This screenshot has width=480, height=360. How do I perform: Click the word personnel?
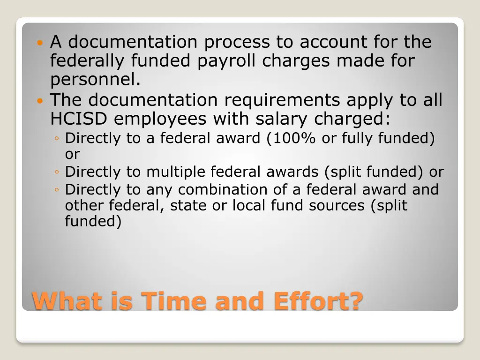click(x=96, y=80)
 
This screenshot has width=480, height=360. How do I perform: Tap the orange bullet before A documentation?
click(x=39, y=43)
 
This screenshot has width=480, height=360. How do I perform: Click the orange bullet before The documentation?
click(x=39, y=100)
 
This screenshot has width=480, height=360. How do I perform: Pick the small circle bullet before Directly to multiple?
click(x=56, y=172)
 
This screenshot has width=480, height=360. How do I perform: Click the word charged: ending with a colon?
click(x=352, y=119)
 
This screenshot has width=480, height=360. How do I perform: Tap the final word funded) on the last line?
click(x=93, y=221)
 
